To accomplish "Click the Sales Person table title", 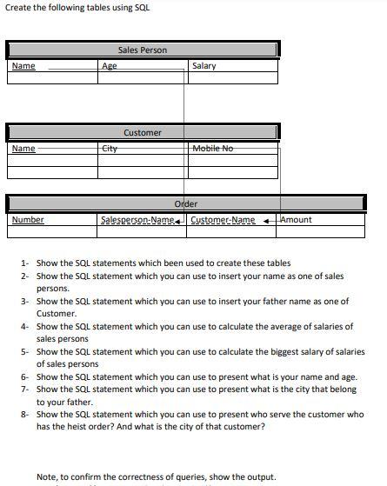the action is click(x=142, y=50).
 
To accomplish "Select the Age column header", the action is click(x=110, y=66).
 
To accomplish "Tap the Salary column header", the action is click(x=204, y=66).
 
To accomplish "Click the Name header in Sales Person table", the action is click(x=24, y=66).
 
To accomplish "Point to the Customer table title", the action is click(x=142, y=133).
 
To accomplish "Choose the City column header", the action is click(x=110, y=149).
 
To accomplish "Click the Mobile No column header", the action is click(x=212, y=149).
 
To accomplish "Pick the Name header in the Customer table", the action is click(x=24, y=149).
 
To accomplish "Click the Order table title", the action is click(x=186, y=204).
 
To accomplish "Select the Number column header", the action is click(x=28, y=220).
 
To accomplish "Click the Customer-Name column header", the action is click(x=223, y=220).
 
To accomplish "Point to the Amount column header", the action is click(x=296, y=220).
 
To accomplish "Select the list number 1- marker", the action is click(x=25, y=263).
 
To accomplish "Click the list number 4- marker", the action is click(x=25, y=327).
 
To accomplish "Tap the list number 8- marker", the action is click(x=25, y=415).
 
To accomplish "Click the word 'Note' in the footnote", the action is click(x=46, y=476).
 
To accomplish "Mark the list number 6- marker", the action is click(x=25, y=377).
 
